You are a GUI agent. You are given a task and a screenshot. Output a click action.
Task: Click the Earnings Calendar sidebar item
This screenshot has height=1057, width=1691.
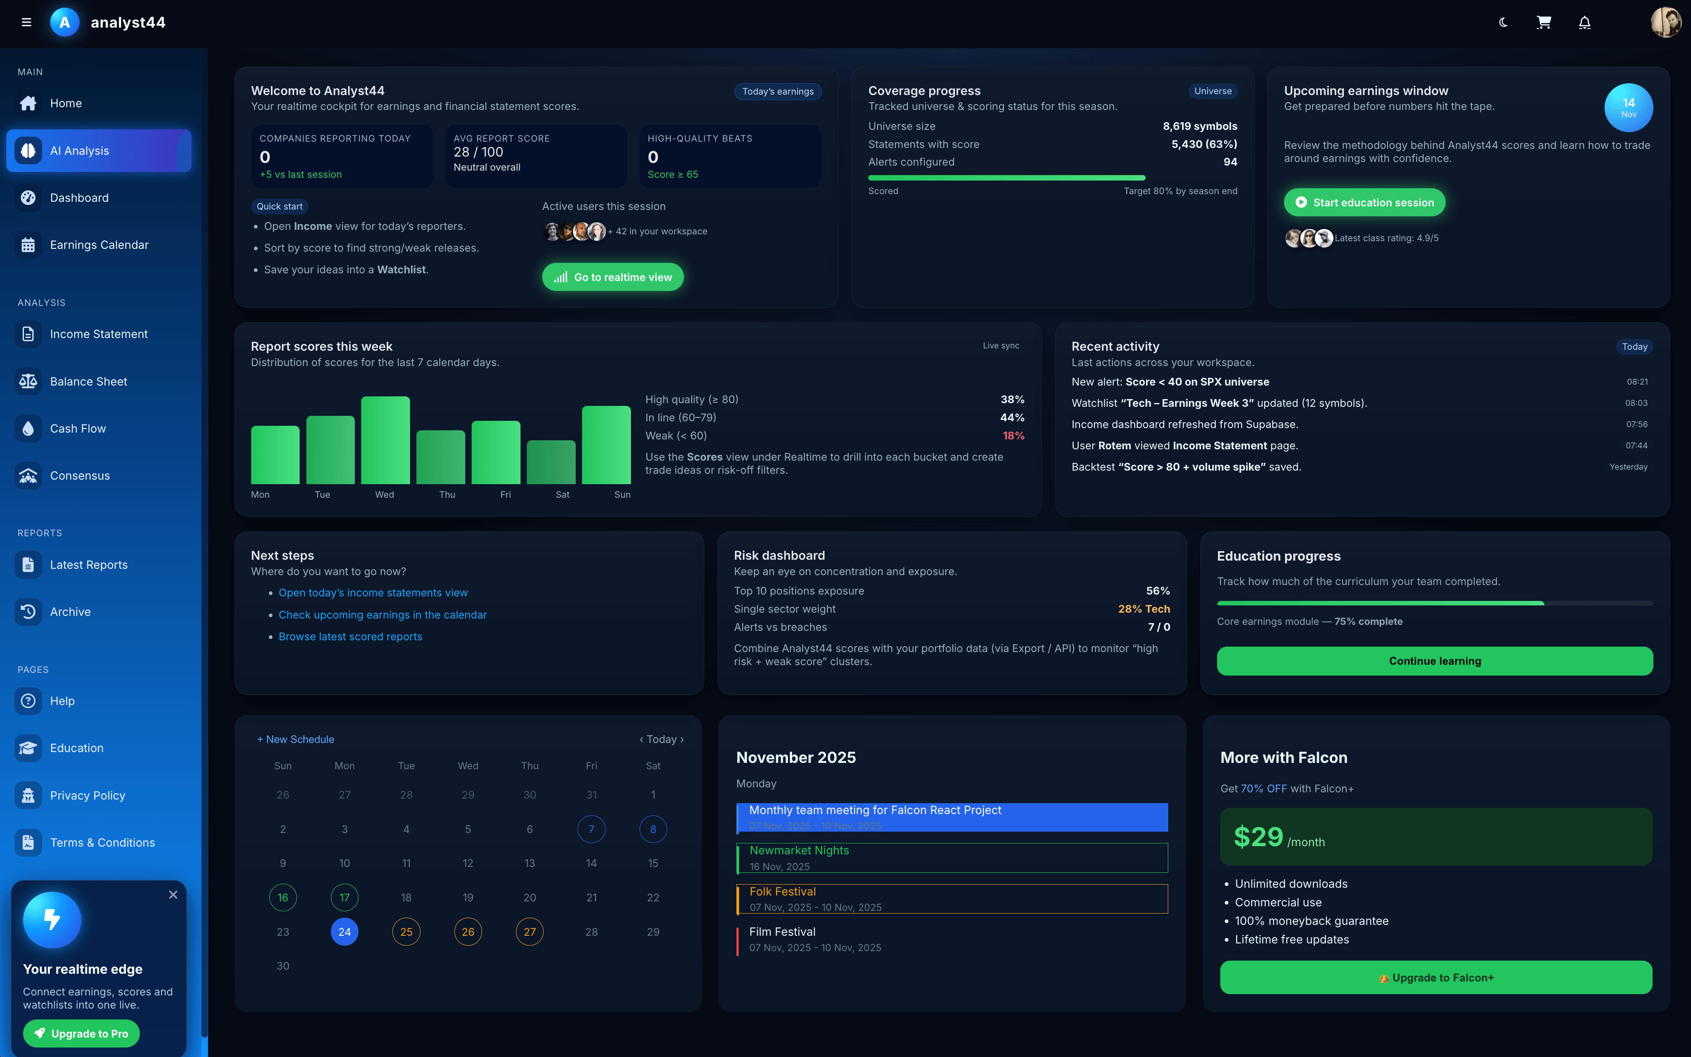[99, 245]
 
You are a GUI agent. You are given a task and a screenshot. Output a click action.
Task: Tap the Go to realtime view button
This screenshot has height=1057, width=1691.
[612, 277]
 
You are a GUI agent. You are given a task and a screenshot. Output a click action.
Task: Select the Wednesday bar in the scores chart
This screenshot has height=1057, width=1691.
[385, 440]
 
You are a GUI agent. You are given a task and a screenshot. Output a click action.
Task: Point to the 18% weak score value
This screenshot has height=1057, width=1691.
[1013, 436]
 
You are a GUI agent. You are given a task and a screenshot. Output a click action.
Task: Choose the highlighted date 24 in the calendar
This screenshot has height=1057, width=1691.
[345, 932]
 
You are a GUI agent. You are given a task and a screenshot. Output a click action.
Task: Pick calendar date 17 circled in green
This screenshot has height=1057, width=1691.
[345, 898]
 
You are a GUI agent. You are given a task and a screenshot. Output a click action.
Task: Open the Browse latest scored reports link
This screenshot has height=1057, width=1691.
[350, 636]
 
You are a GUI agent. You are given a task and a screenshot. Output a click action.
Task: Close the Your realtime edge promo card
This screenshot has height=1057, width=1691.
[173, 895]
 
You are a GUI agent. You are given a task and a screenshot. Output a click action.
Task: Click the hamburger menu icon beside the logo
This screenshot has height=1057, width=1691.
[27, 22]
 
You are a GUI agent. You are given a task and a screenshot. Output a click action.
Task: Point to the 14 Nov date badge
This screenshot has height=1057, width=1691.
[1628, 108]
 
